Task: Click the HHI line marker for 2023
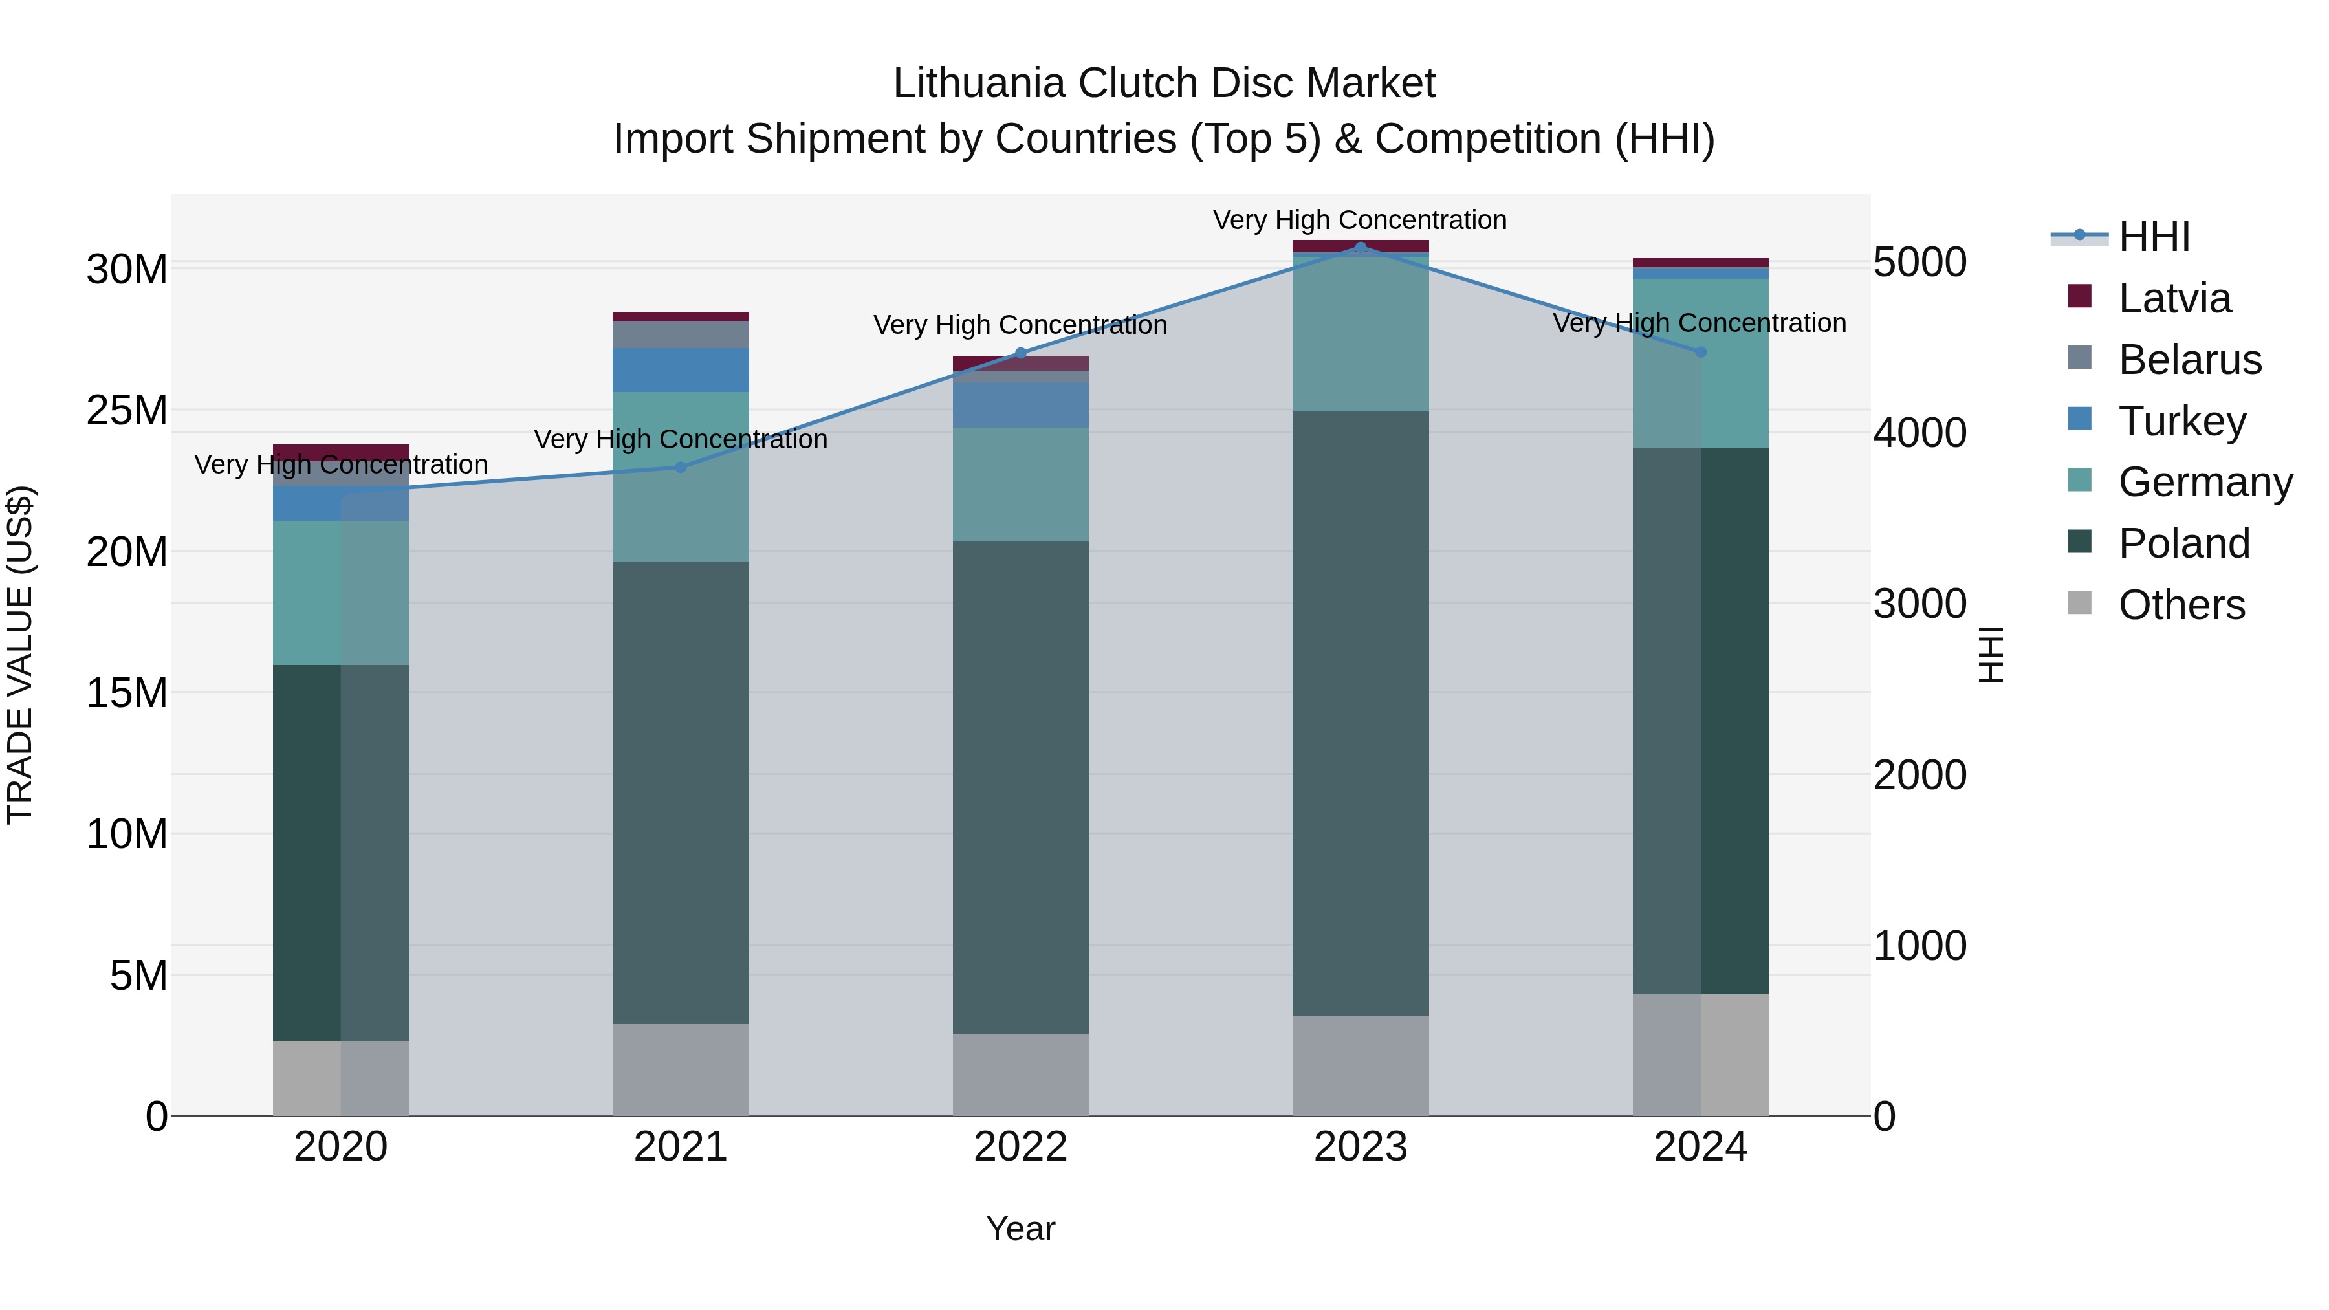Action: [x=1361, y=247]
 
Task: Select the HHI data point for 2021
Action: [x=681, y=468]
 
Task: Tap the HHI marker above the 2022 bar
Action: [x=1021, y=353]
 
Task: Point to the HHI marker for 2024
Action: [x=1701, y=352]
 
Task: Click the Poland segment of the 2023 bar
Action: [x=1361, y=714]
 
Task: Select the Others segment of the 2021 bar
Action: [x=681, y=1069]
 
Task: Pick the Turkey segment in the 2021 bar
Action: [x=681, y=370]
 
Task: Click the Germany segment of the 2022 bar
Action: [x=1021, y=485]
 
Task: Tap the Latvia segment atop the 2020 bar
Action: [x=341, y=452]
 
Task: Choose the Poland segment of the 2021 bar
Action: [x=681, y=793]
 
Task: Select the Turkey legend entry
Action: [x=2181, y=421]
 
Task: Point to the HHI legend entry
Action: [x=2154, y=237]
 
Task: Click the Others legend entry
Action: [x=2181, y=605]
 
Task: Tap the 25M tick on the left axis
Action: [x=127, y=410]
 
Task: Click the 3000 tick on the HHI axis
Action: [x=1919, y=604]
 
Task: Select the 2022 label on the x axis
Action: [x=1021, y=1147]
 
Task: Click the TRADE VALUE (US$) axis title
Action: [x=20, y=655]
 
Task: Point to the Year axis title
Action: [x=1021, y=1228]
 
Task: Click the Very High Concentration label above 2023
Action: [x=1360, y=220]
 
